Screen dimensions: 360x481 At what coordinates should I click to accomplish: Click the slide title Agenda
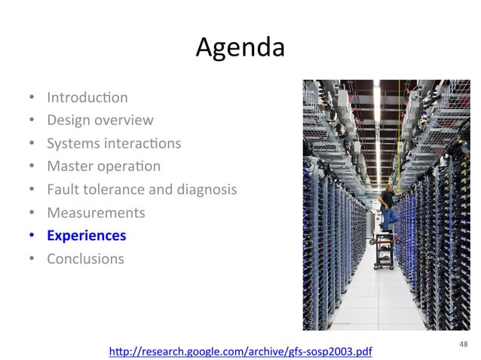240,47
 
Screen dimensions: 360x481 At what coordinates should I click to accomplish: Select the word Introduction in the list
87,97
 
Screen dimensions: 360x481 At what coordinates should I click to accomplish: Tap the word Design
66,120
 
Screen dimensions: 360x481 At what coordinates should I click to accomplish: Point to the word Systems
70,143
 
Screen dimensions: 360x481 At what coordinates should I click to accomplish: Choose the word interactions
139,143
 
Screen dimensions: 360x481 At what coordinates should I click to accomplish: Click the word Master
67,166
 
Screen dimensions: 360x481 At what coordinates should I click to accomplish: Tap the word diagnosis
206,189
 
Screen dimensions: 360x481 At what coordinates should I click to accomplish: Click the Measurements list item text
96,212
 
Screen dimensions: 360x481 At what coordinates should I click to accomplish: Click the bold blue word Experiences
86,236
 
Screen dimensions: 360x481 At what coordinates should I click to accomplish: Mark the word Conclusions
85,258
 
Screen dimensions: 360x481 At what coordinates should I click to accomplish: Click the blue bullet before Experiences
32,236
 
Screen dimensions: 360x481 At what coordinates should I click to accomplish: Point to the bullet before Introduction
32,98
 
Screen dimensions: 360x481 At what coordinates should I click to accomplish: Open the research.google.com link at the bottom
240,352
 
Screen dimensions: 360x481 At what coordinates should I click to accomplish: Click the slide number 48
462,344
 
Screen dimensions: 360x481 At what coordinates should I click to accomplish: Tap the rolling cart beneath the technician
386,252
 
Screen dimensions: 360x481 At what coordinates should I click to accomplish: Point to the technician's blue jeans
390,218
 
